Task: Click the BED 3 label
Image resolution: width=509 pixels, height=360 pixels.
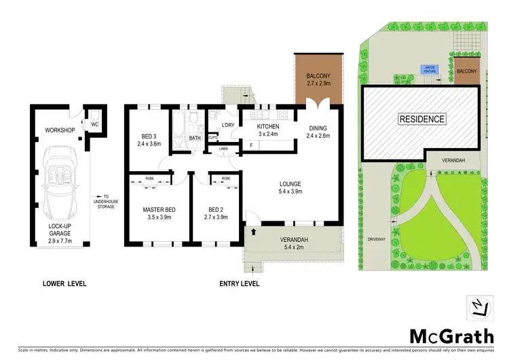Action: click(x=149, y=139)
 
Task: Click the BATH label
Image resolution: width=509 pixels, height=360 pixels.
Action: click(x=195, y=138)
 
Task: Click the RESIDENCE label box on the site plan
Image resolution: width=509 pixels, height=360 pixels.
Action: click(x=421, y=119)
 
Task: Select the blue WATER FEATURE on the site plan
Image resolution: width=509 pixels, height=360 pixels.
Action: click(x=429, y=69)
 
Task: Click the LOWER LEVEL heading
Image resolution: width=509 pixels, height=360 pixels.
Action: click(x=64, y=283)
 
